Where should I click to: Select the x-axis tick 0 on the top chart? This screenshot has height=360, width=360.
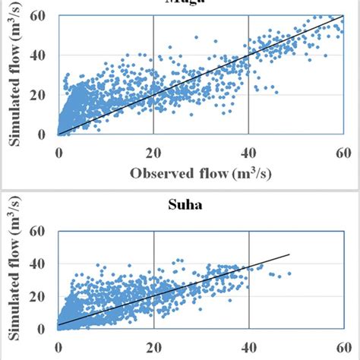[58, 150]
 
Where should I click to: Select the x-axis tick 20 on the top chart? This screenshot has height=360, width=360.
[153, 150]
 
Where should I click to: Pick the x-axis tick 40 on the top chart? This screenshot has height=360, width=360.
[248, 150]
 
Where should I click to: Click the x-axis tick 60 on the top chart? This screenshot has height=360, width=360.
[342, 150]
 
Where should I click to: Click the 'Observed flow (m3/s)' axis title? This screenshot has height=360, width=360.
[201, 174]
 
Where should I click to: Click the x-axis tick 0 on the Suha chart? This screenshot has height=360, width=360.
[58, 346]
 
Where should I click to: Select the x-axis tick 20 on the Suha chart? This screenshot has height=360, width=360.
[153, 346]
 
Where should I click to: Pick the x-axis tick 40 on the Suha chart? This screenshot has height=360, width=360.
[248, 346]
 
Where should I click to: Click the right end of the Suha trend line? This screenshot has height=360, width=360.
[290, 254]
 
